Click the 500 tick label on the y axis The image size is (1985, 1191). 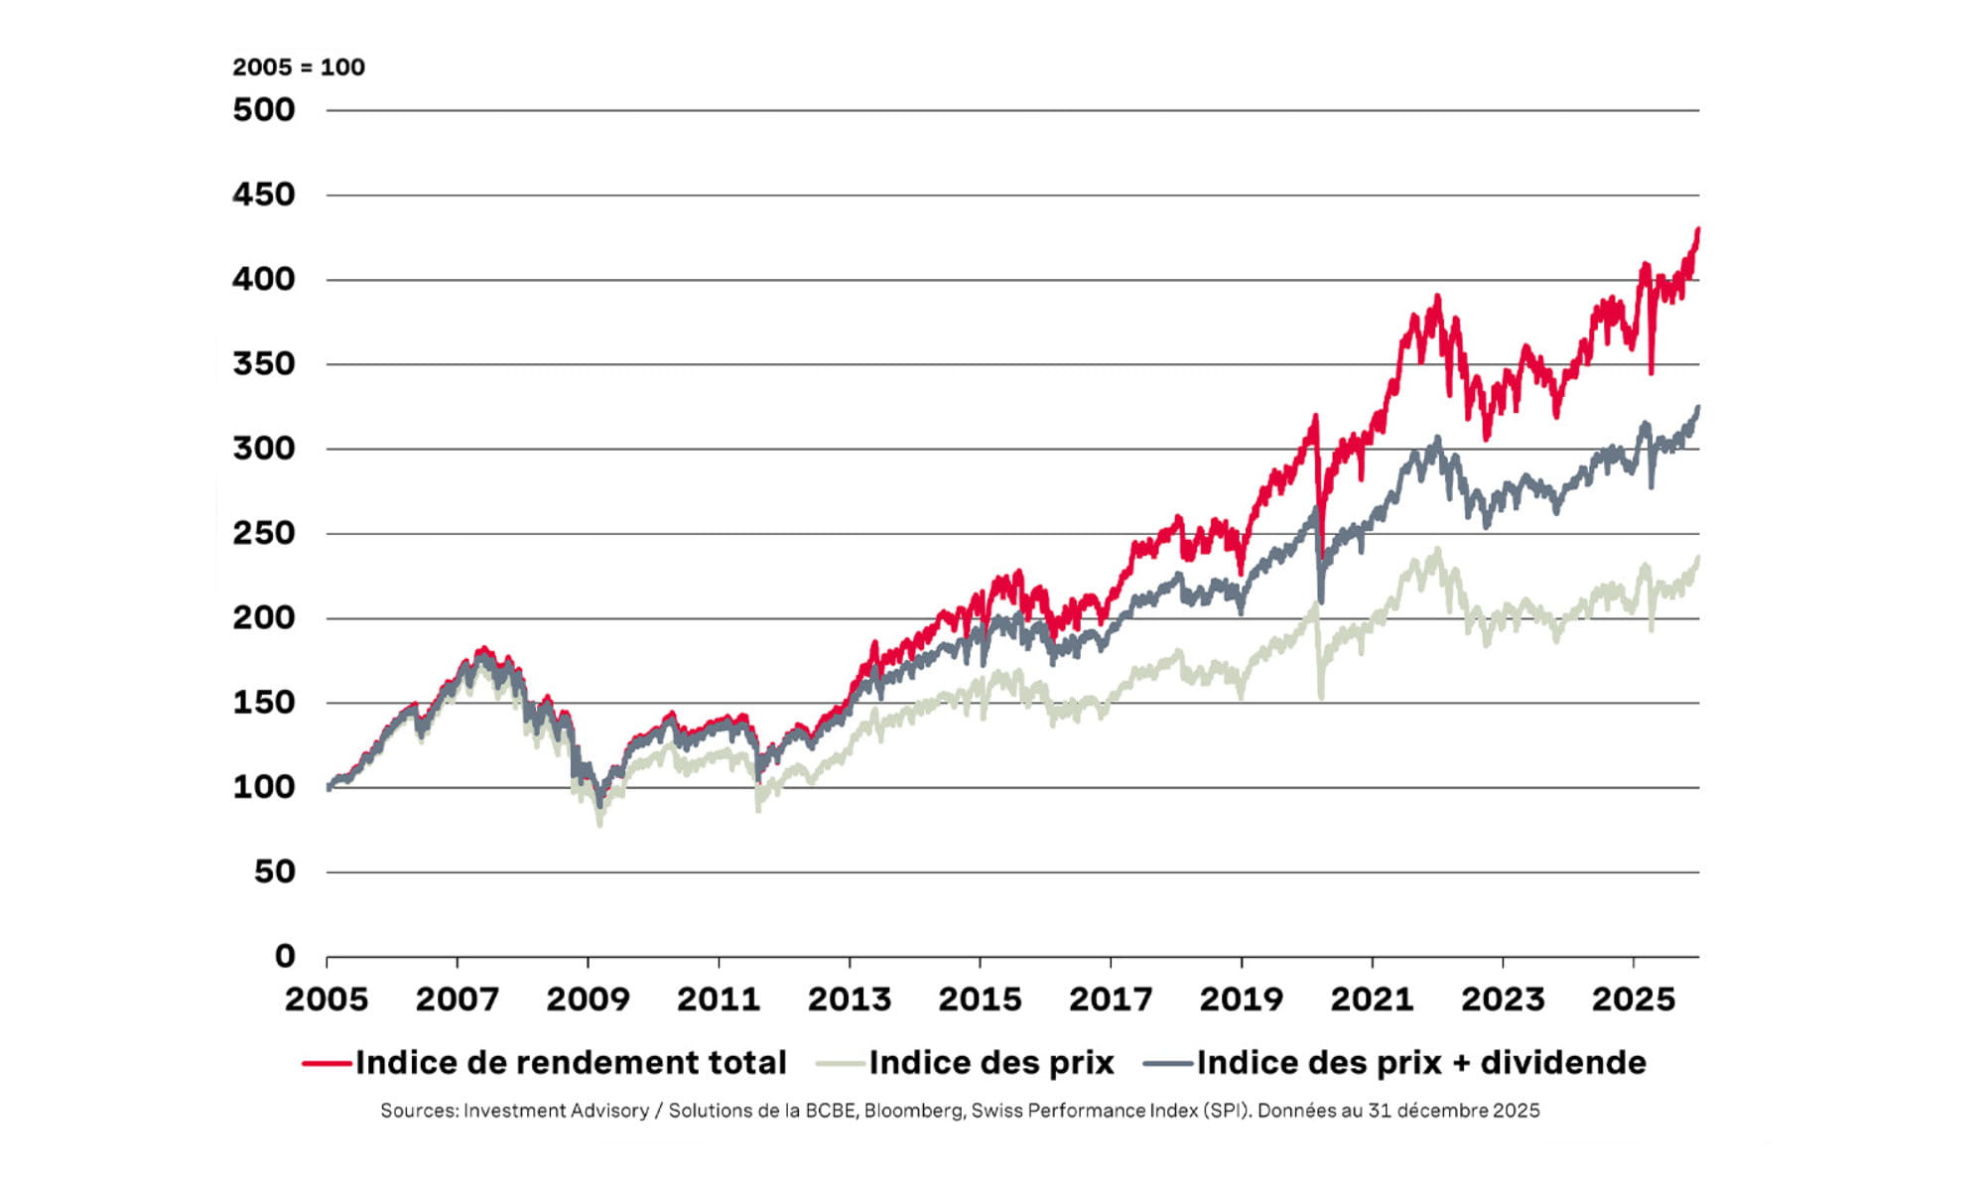(264, 110)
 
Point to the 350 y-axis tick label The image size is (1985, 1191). (264, 364)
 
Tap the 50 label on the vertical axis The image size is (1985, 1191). (274, 872)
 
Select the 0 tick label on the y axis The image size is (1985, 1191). (285, 957)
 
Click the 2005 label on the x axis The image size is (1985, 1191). (327, 999)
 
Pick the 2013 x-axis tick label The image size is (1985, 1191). (849, 999)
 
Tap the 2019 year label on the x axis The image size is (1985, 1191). (1241, 999)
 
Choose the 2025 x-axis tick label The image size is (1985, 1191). (1633, 999)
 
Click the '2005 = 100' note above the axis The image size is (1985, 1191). (299, 67)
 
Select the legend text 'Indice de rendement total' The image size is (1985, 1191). (571, 1063)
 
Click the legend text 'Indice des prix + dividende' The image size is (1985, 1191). (1421, 1063)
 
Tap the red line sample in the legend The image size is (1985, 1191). (328, 1063)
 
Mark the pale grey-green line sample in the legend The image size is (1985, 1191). (840, 1063)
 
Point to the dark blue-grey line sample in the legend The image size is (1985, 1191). (1167, 1063)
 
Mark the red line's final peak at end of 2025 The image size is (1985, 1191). (1698, 229)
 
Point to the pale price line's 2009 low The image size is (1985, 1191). (599, 824)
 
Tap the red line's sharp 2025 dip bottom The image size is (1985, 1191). (1652, 373)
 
